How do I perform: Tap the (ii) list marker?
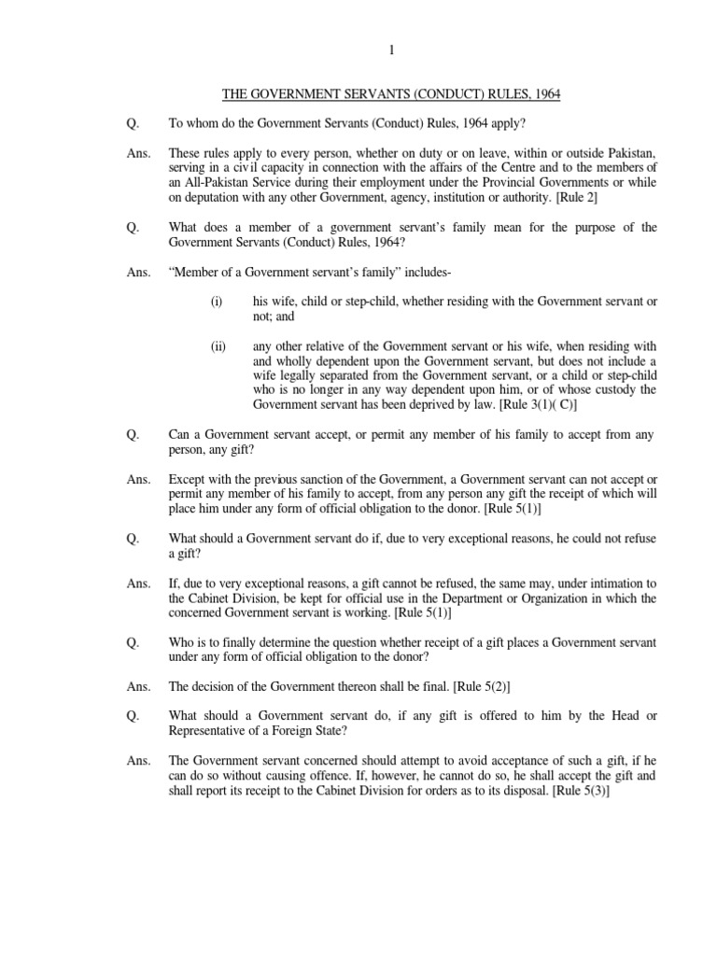pos(218,345)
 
